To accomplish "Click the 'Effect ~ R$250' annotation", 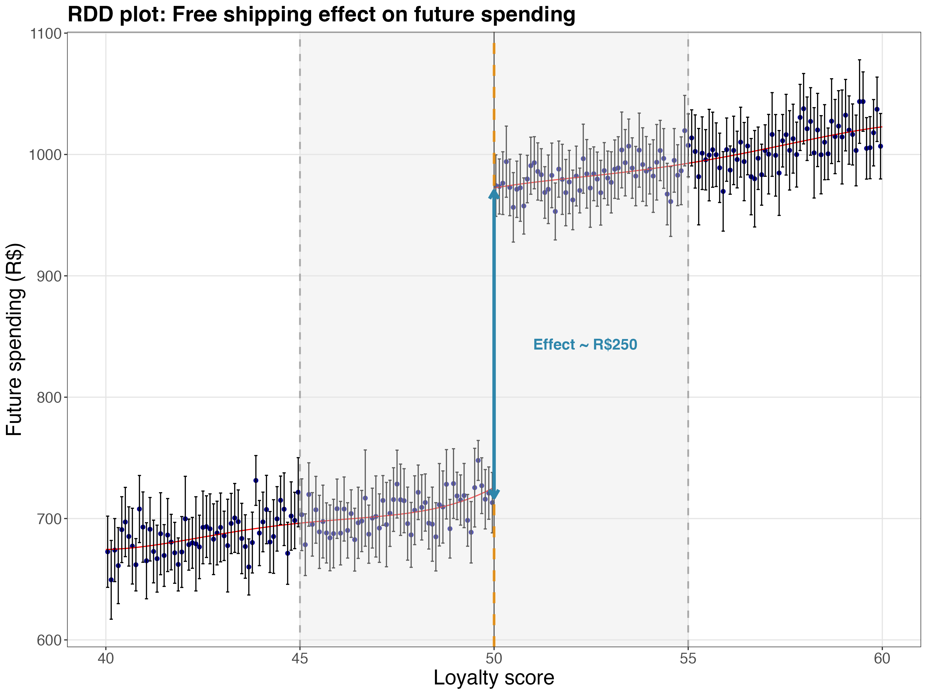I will [x=585, y=345].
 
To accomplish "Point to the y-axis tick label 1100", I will [x=45, y=33].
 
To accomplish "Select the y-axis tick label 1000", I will [x=45, y=155].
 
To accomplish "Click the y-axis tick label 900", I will [x=49, y=276].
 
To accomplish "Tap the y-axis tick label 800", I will [x=49, y=397].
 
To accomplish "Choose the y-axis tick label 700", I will [x=49, y=519].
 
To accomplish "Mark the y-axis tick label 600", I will [x=49, y=640].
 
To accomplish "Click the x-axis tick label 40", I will [x=106, y=659].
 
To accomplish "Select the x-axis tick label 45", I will [x=300, y=659].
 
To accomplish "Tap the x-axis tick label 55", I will [x=688, y=659].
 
